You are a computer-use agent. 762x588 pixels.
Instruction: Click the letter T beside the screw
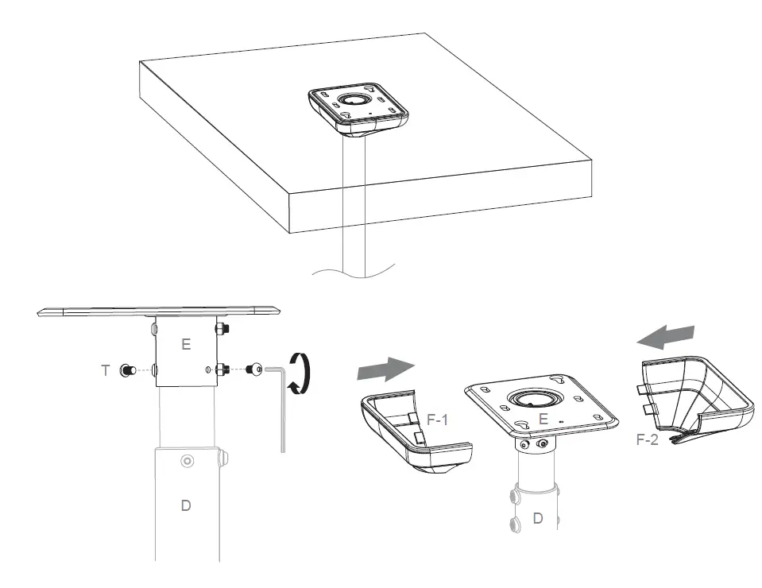click(106, 370)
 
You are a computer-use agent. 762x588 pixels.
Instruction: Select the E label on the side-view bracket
click(186, 344)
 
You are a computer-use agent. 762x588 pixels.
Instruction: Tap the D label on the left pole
click(186, 505)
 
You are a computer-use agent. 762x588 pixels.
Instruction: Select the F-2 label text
click(648, 439)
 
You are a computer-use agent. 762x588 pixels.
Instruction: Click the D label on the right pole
click(538, 518)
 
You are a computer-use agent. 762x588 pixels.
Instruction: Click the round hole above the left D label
click(186, 460)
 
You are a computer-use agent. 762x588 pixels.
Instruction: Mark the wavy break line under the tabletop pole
click(354, 273)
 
